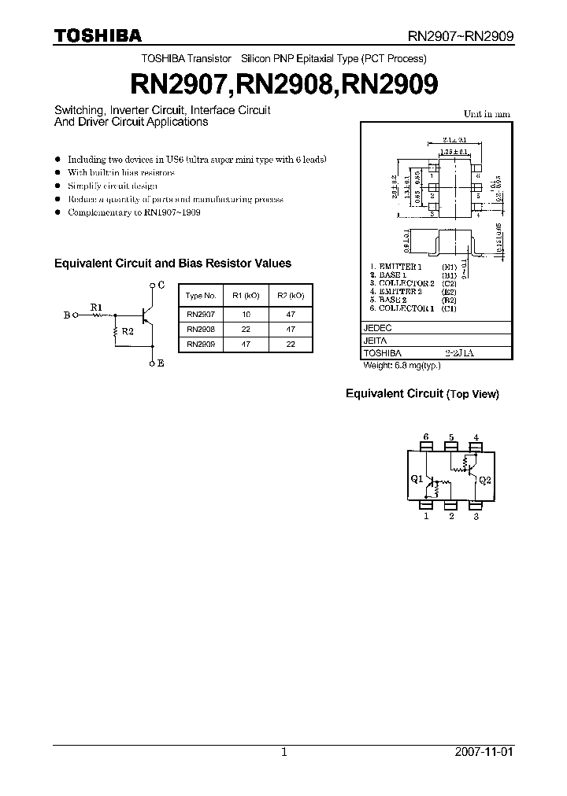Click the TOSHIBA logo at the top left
click(98, 35)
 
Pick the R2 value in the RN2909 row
click(291, 344)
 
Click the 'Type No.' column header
click(200, 296)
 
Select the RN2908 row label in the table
click(200, 329)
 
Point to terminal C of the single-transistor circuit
click(161, 285)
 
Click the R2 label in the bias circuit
click(127, 332)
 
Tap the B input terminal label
click(66, 315)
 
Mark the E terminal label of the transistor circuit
click(161, 363)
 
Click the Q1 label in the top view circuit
click(417, 478)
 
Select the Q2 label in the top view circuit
click(484, 478)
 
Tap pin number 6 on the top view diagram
click(426, 437)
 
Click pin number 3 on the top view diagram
click(476, 517)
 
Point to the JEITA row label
click(375, 341)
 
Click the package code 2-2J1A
click(459, 354)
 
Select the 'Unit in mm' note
click(486, 114)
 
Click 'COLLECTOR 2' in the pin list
click(406, 283)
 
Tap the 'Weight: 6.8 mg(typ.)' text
click(402, 366)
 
